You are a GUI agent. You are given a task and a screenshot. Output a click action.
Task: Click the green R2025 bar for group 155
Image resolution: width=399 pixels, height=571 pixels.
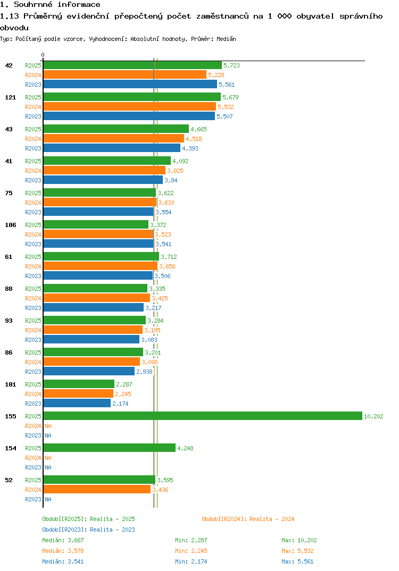[202, 416]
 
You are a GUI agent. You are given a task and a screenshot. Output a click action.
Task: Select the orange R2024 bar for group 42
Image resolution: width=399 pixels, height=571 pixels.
[124, 74]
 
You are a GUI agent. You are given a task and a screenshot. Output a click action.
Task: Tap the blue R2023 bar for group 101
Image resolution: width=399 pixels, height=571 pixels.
[77, 403]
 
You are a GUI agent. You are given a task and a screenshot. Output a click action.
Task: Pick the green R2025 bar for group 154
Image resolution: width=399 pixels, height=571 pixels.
[109, 448]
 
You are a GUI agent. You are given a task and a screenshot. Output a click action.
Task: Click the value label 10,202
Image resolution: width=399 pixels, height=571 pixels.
[373, 416]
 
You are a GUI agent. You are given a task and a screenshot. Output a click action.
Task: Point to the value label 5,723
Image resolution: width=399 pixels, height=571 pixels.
[231, 65]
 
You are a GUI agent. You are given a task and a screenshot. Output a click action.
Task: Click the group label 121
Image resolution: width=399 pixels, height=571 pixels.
[10, 97]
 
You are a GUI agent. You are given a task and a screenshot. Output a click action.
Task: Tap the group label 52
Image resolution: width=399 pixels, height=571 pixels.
[9, 480]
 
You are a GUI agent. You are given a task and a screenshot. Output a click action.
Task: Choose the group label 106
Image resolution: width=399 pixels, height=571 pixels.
[10, 225]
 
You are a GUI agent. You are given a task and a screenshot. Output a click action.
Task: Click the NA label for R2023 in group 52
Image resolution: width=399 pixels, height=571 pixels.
[48, 499]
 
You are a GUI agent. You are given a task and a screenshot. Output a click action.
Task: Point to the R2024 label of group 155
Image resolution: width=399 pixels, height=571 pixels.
[33, 426]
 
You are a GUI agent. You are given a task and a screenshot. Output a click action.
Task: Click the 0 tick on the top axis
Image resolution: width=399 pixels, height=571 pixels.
[43, 55]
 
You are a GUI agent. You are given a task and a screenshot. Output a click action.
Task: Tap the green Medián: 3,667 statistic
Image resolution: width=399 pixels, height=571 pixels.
[63, 540]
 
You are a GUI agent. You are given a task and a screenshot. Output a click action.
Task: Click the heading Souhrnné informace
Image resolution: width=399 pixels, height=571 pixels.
[50, 5]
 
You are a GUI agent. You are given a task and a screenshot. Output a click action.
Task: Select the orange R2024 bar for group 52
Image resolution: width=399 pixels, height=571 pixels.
[97, 489]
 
